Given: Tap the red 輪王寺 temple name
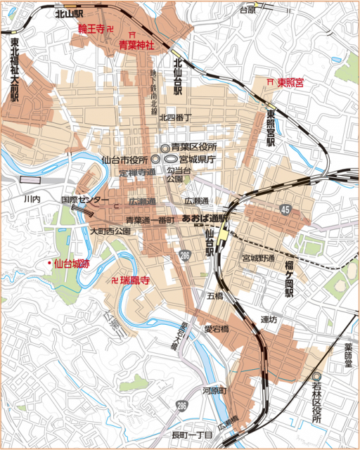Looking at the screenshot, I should coord(91,30).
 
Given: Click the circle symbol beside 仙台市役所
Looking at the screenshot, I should coord(155,160).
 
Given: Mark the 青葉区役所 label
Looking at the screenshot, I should coord(193,147).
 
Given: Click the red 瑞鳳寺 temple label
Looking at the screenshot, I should coord(135,280).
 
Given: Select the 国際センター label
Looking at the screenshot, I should coord(84,200).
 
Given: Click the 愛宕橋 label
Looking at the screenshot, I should coord(217,328).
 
